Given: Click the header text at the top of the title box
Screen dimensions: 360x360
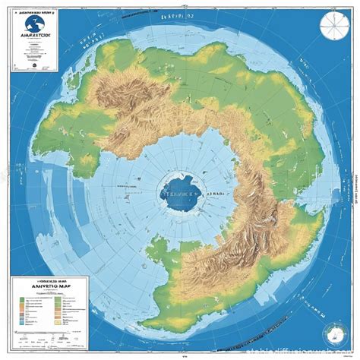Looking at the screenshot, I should click(x=35, y=13).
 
